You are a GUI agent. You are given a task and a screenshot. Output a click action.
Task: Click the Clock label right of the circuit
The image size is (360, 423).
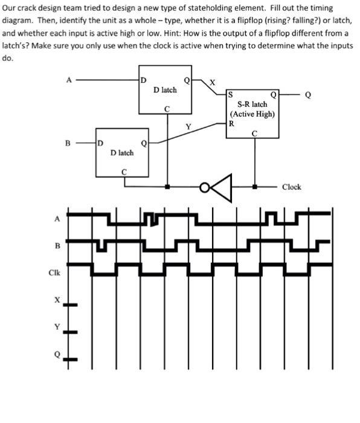[291, 187]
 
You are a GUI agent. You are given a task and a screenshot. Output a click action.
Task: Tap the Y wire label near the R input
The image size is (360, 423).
[188, 126]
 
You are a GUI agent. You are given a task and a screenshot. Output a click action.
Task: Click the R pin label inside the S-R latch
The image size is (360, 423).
[231, 123]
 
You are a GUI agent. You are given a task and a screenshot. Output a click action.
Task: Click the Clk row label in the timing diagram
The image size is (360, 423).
[56, 272]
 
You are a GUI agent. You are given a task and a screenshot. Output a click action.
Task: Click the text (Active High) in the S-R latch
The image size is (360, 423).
[252, 114]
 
